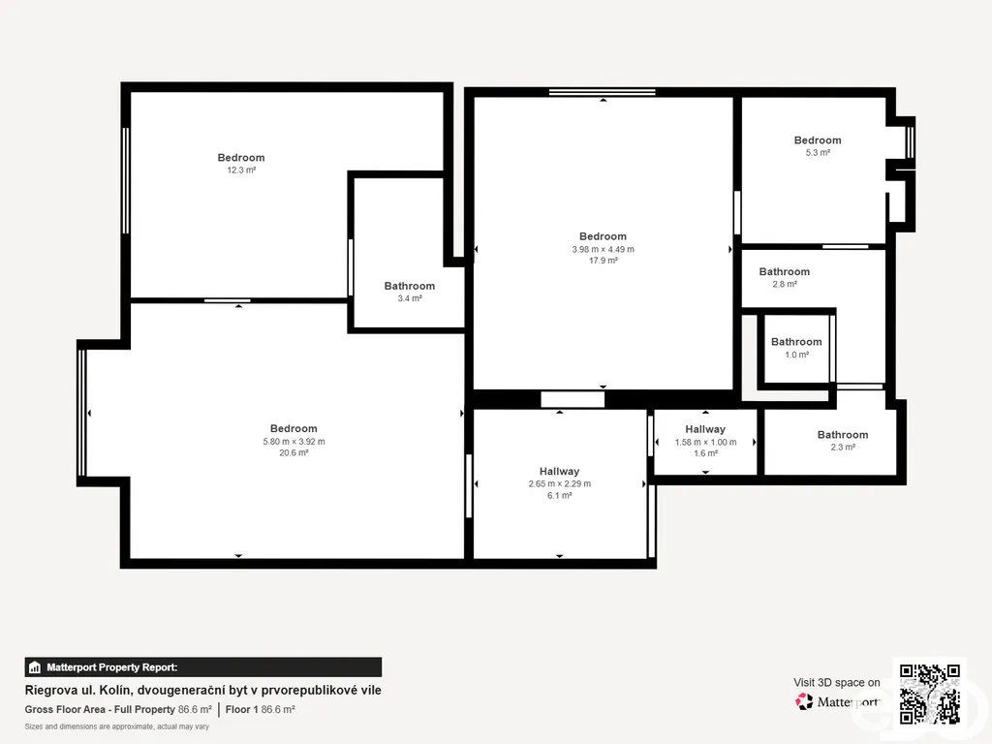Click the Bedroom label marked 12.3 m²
[x=241, y=158]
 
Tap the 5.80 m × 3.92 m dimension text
[x=294, y=442]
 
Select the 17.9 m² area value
[x=603, y=261]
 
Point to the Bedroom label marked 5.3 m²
[x=818, y=140]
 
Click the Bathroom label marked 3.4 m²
[x=410, y=286]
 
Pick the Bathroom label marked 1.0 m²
[x=796, y=342]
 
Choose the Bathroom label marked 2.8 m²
[x=784, y=271]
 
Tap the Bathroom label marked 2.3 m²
[x=842, y=435]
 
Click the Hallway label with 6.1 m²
[x=559, y=472]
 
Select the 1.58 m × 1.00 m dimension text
[x=705, y=442]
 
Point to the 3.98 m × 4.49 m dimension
[x=603, y=249]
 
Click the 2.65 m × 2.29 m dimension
[x=559, y=484]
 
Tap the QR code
[x=929, y=694]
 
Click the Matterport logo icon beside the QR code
[x=804, y=701]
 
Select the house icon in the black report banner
[x=35, y=667]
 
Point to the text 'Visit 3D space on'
[x=836, y=683]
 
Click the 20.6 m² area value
[x=294, y=453]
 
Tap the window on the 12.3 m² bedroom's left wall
[x=125, y=180]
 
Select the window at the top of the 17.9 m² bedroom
[x=602, y=92]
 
